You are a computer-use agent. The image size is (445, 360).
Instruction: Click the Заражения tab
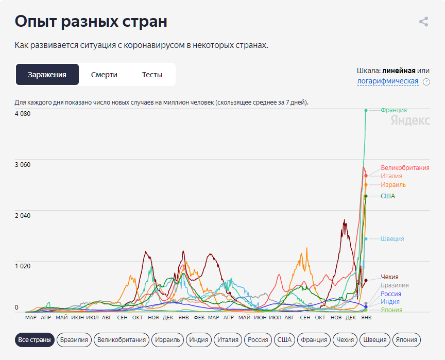point(47,75)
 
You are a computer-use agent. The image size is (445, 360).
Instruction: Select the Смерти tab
point(104,75)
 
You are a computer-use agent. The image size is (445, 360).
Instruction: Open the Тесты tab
point(152,75)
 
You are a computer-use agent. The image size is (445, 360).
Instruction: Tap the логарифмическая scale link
point(387,81)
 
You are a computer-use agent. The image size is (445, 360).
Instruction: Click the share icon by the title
point(423,22)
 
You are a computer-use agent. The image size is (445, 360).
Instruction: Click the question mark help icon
point(426,82)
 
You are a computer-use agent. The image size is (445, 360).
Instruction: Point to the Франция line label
point(393,110)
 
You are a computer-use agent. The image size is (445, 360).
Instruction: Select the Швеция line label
point(392,239)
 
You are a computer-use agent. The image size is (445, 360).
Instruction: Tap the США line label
point(388,196)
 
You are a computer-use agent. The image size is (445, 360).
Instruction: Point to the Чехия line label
point(389,277)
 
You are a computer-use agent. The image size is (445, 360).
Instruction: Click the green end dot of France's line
point(366,110)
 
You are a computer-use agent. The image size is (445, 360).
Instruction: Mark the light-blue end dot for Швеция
point(366,239)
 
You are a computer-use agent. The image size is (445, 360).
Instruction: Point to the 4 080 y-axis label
point(23,114)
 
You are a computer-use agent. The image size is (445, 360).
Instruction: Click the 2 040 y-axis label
point(23,215)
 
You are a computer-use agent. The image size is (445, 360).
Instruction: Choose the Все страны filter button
point(35,340)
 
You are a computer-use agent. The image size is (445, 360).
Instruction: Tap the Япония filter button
point(406,340)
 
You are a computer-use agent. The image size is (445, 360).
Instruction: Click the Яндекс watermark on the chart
point(410,121)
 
